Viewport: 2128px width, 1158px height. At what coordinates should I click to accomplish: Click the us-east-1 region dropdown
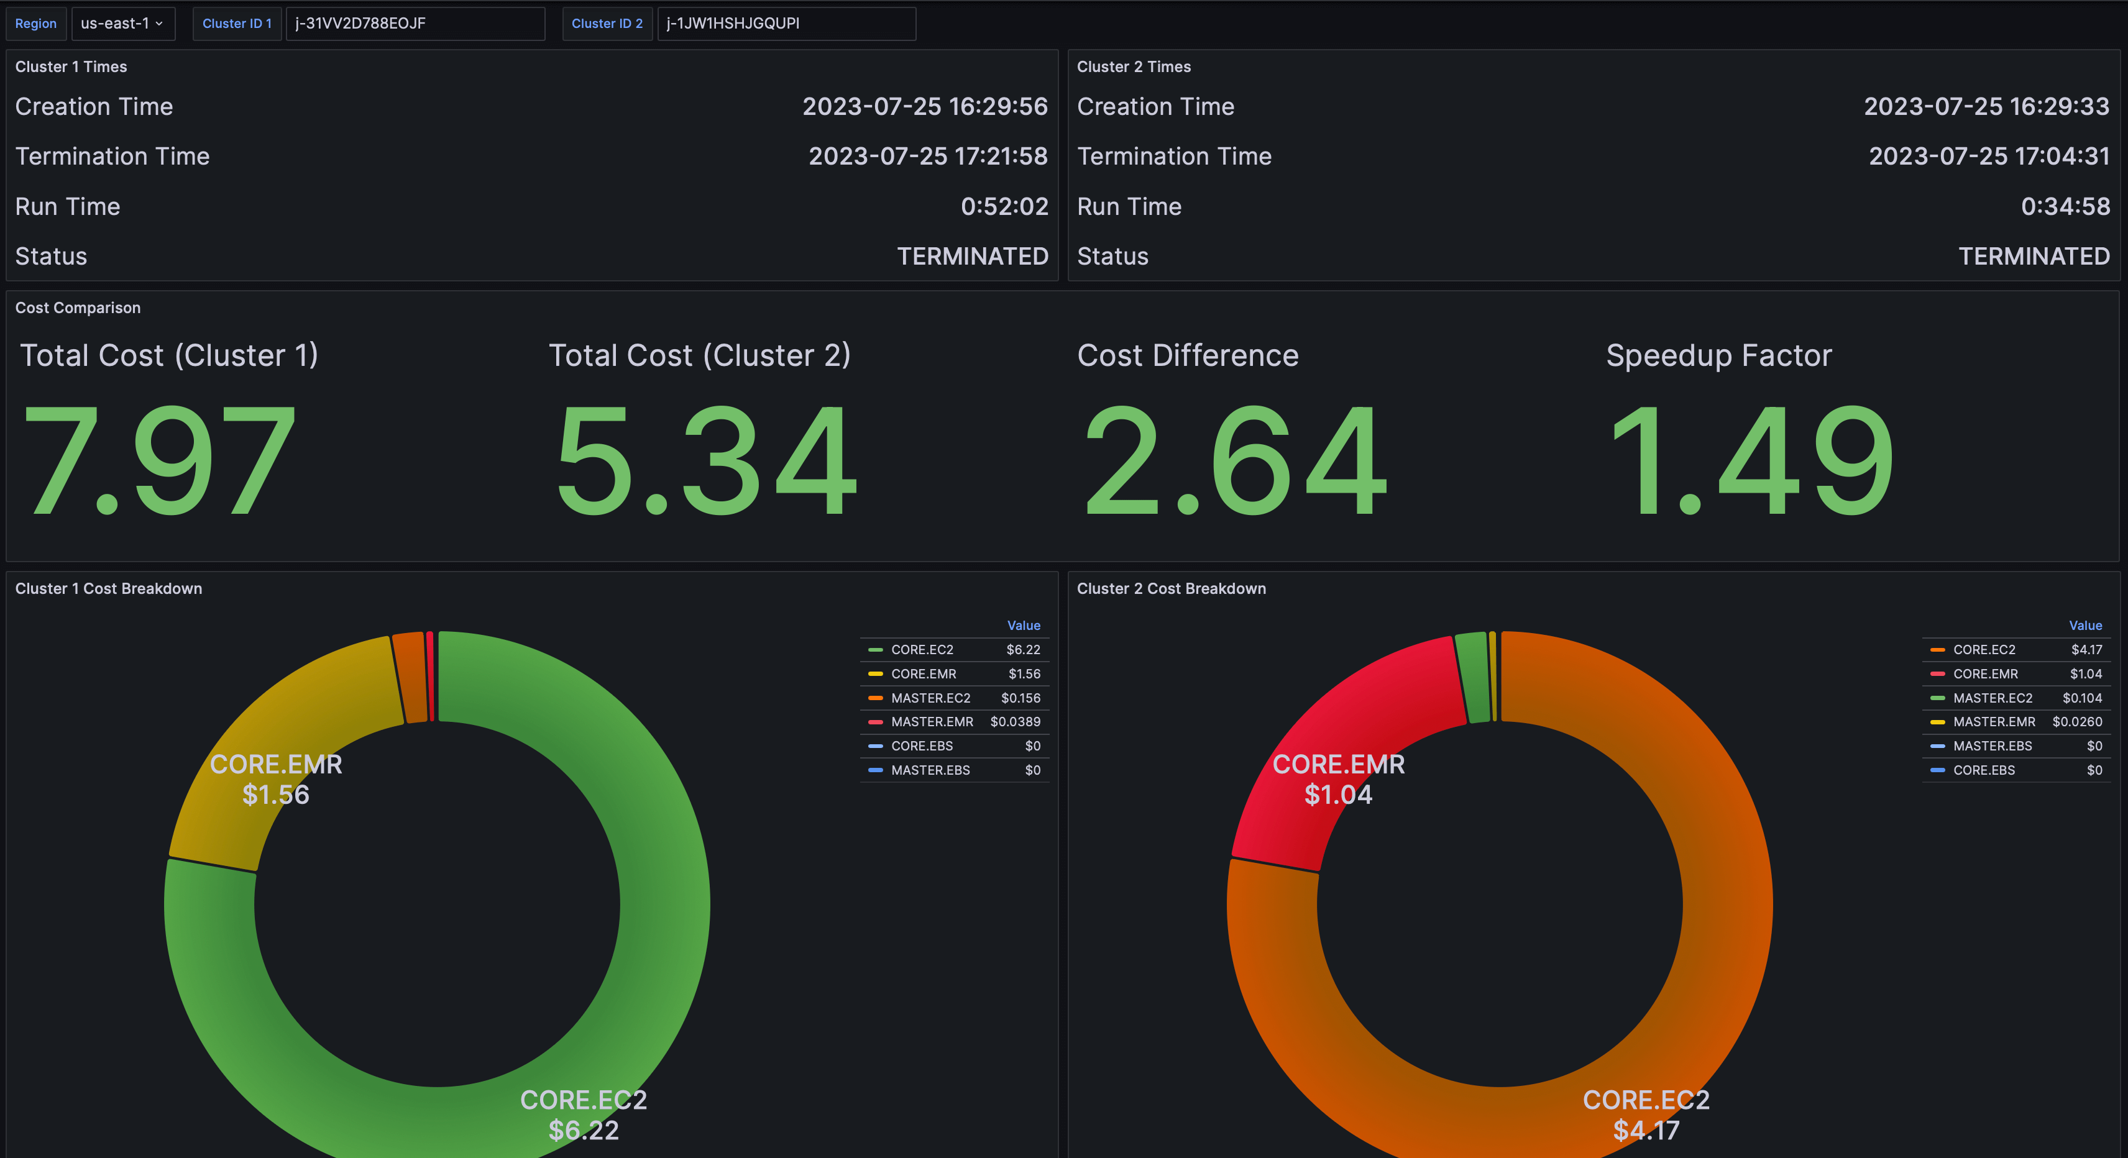point(122,23)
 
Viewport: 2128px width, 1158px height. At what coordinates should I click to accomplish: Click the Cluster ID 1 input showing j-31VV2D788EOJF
point(414,23)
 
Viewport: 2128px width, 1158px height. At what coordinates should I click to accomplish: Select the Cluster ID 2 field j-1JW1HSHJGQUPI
point(785,23)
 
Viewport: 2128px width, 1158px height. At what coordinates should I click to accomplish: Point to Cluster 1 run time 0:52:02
point(1004,206)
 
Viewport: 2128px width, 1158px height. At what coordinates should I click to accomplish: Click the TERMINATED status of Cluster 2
point(2033,256)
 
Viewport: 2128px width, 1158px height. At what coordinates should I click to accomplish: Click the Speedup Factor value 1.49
point(1751,460)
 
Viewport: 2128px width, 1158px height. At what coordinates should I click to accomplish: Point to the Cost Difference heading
point(1187,355)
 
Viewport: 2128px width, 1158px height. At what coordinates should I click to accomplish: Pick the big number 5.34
point(706,460)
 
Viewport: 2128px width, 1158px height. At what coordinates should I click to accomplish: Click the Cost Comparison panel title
point(78,308)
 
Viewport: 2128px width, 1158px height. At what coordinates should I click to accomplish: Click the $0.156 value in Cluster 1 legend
point(1020,698)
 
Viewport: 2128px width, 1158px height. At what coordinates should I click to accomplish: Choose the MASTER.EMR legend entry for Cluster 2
point(1993,722)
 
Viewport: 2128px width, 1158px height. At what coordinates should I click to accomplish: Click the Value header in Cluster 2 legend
point(2084,625)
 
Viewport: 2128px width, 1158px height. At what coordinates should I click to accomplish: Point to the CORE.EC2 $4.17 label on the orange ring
point(1646,1115)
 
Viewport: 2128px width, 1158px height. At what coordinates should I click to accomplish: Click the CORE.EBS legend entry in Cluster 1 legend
point(921,746)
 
